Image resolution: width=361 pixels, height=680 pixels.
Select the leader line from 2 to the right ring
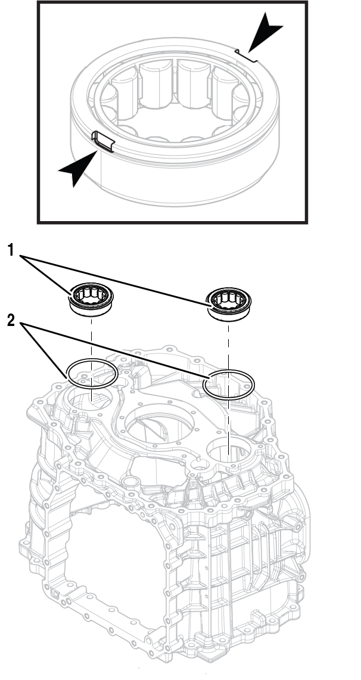(119, 352)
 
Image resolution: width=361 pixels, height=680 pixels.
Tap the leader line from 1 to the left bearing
(48, 273)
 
